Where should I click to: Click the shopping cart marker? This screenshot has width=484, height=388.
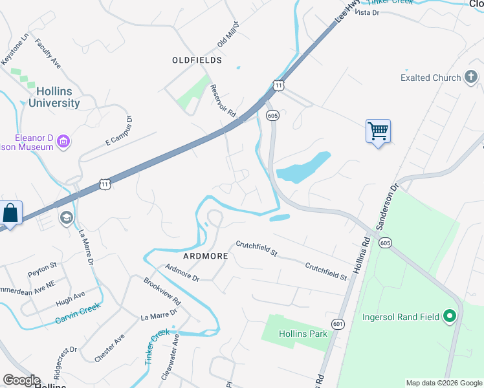[x=378, y=131]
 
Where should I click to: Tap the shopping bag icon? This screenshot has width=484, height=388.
[x=11, y=213]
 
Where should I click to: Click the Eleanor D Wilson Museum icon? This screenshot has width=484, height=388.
[x=63, y=141]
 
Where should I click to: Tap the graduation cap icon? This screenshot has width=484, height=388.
[x=66, y=219]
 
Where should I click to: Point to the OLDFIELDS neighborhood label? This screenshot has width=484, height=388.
[x=197, y=60]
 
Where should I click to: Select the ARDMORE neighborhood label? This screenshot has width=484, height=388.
[x=206, y=256]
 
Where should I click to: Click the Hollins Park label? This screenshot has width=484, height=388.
[x=303, y=334]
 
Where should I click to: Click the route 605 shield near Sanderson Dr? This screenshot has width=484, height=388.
[x=386, y=242]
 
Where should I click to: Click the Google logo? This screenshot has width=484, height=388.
[x=21, y=380]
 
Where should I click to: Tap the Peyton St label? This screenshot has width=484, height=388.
[x=42, y=266]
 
